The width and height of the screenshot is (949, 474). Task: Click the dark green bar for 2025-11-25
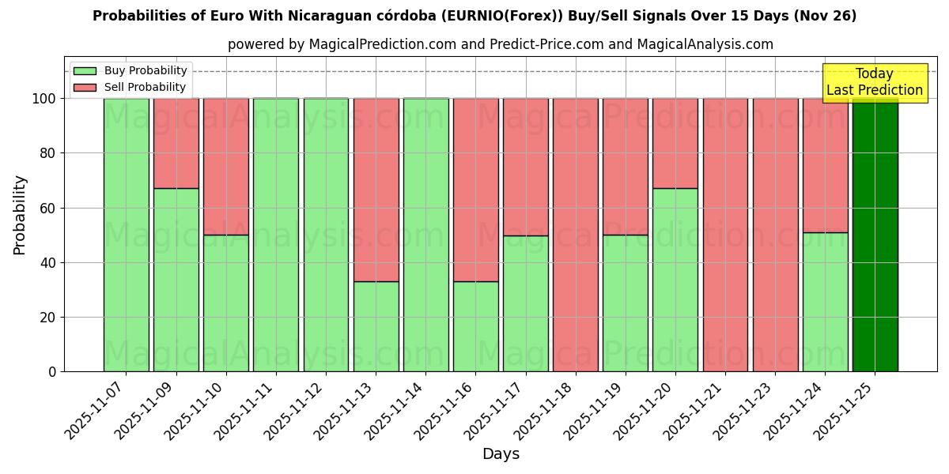[x=875, y=235]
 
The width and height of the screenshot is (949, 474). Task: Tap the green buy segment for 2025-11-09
[x=176, y=280]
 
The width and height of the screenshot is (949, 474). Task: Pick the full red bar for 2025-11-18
[x=576, y=235]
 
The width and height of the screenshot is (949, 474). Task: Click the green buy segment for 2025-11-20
[x=675, y=280]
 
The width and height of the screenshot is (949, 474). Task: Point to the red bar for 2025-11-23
[x=775, y=235]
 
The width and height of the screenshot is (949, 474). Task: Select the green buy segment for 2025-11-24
[x=825, y=302]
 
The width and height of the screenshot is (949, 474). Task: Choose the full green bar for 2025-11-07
[x=126, y=235]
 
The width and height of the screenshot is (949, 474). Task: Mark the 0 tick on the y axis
[x=52, y=371]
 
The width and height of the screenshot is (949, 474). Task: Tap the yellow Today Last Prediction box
[x=874, y=83]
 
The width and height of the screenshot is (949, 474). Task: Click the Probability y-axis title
[x=20, y=215]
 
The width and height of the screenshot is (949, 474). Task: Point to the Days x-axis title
[x=501, y=454]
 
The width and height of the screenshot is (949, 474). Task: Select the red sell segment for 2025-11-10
[x=225, y=167]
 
